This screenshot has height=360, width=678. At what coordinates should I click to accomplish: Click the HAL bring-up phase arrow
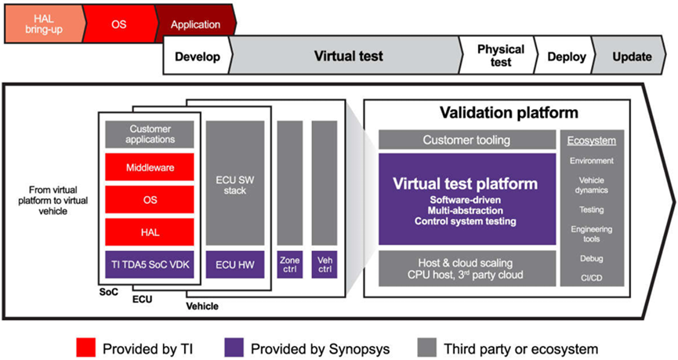coord(38,24)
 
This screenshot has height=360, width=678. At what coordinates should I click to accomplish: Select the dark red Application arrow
coord(195,24)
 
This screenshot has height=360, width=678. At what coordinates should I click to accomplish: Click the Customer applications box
coord(150,134)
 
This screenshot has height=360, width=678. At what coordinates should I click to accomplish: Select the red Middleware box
coord(150,167)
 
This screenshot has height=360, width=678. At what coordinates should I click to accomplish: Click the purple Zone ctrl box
coord(290,264)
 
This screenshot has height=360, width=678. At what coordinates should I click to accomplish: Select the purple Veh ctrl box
coord(324,264)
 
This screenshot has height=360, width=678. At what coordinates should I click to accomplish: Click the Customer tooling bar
coord(466,140)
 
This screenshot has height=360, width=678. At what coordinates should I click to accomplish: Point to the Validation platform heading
coord(509,112)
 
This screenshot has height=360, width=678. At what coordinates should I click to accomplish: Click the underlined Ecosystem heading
coord(592,140)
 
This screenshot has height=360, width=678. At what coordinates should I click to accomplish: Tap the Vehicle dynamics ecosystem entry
coord(592,185)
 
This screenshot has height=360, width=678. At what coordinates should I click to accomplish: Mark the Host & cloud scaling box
coord(466,267)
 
